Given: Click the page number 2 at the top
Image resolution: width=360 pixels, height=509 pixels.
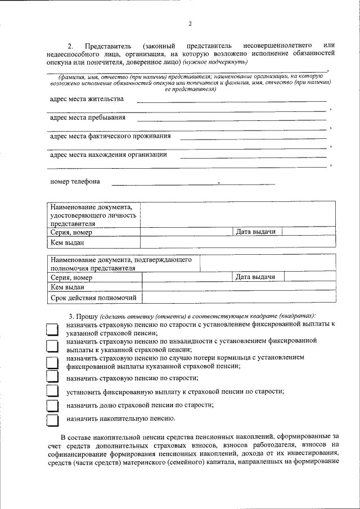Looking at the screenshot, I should pyautogui.click(x=190, y=24).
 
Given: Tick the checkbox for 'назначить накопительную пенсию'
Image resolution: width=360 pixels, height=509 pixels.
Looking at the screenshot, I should pyautogui.click(x=52, y=420).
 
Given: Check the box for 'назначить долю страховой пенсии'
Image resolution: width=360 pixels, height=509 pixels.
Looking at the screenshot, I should pyautogui.click(x=52, y=406).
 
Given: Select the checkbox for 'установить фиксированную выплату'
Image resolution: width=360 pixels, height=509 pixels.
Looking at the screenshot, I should pyautogui.click(x=52, y=391).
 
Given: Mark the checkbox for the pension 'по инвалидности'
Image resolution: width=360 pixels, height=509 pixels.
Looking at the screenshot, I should pyautogui.click(x=52, y=345).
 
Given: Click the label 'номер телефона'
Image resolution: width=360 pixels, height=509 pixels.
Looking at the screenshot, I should pyautogui.click(x=75, y=182).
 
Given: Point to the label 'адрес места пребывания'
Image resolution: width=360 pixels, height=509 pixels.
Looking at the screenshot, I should pyautogui.click(x=88, y=118).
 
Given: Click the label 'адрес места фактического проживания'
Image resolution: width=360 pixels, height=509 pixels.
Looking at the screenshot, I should pyautogui.click(x=110, y=136).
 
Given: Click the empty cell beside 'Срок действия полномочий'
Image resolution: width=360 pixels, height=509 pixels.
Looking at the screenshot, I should pyautogui.click(x=239, y=298).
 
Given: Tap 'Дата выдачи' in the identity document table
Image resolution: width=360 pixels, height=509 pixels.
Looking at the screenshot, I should pyautogui.click(x=255, y=232).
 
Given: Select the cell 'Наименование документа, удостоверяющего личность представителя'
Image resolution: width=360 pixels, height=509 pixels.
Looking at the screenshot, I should pyautogui.click(x=93, y=215).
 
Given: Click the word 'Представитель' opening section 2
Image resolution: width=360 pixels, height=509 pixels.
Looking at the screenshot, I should pyautogui.click(x=108, y=44).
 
